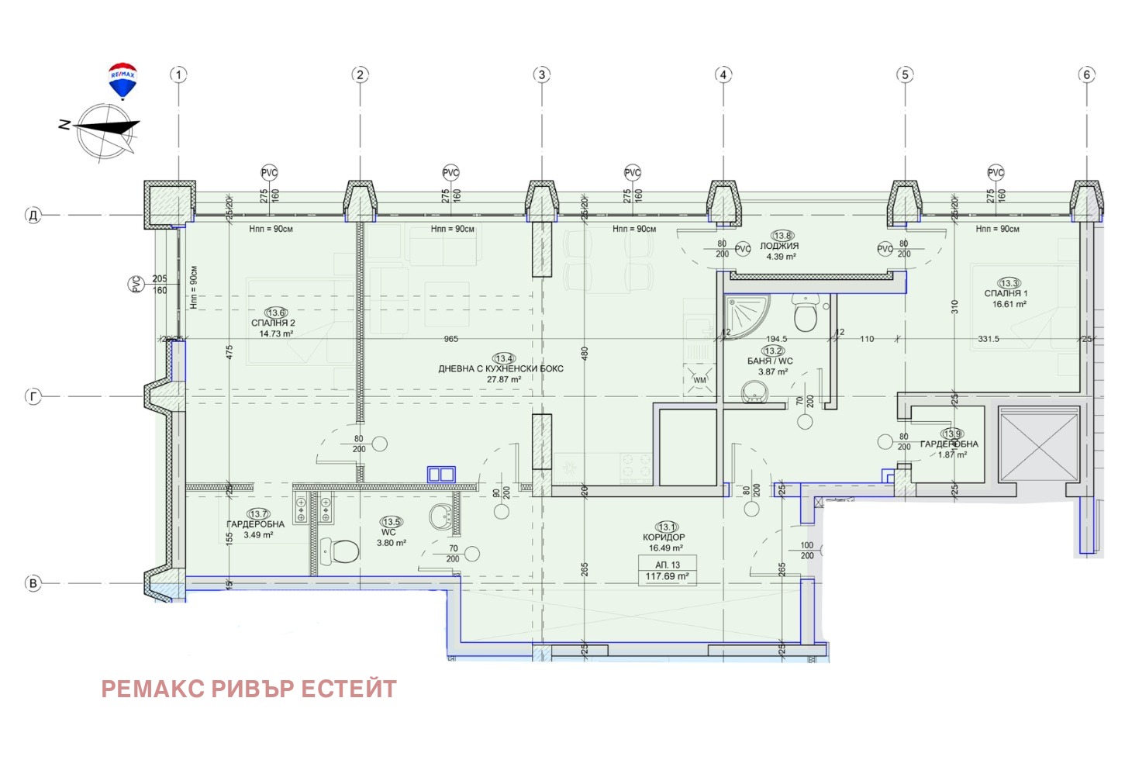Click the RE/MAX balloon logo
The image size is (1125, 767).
[x=123, y=80]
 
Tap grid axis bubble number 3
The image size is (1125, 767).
[x=541, y=75]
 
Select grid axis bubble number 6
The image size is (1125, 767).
[x=1086, y=75]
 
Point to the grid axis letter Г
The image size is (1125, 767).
[x=33, y=396]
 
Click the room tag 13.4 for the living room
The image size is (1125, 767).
[x=504, y=358]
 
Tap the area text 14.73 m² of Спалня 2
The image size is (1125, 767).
[x=276, y=334]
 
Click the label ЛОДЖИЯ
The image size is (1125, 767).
[x=779, y=246]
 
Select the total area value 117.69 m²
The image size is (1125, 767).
[x=667, y=576]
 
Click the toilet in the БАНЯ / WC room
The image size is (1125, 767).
[x=805, y=314]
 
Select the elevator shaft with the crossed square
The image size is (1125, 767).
[x=1038, y=447]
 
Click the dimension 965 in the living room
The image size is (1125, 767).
[x=450, y=339]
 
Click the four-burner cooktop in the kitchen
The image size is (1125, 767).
[x=637, y=468]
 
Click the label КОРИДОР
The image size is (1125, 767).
[x=664, y=537]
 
